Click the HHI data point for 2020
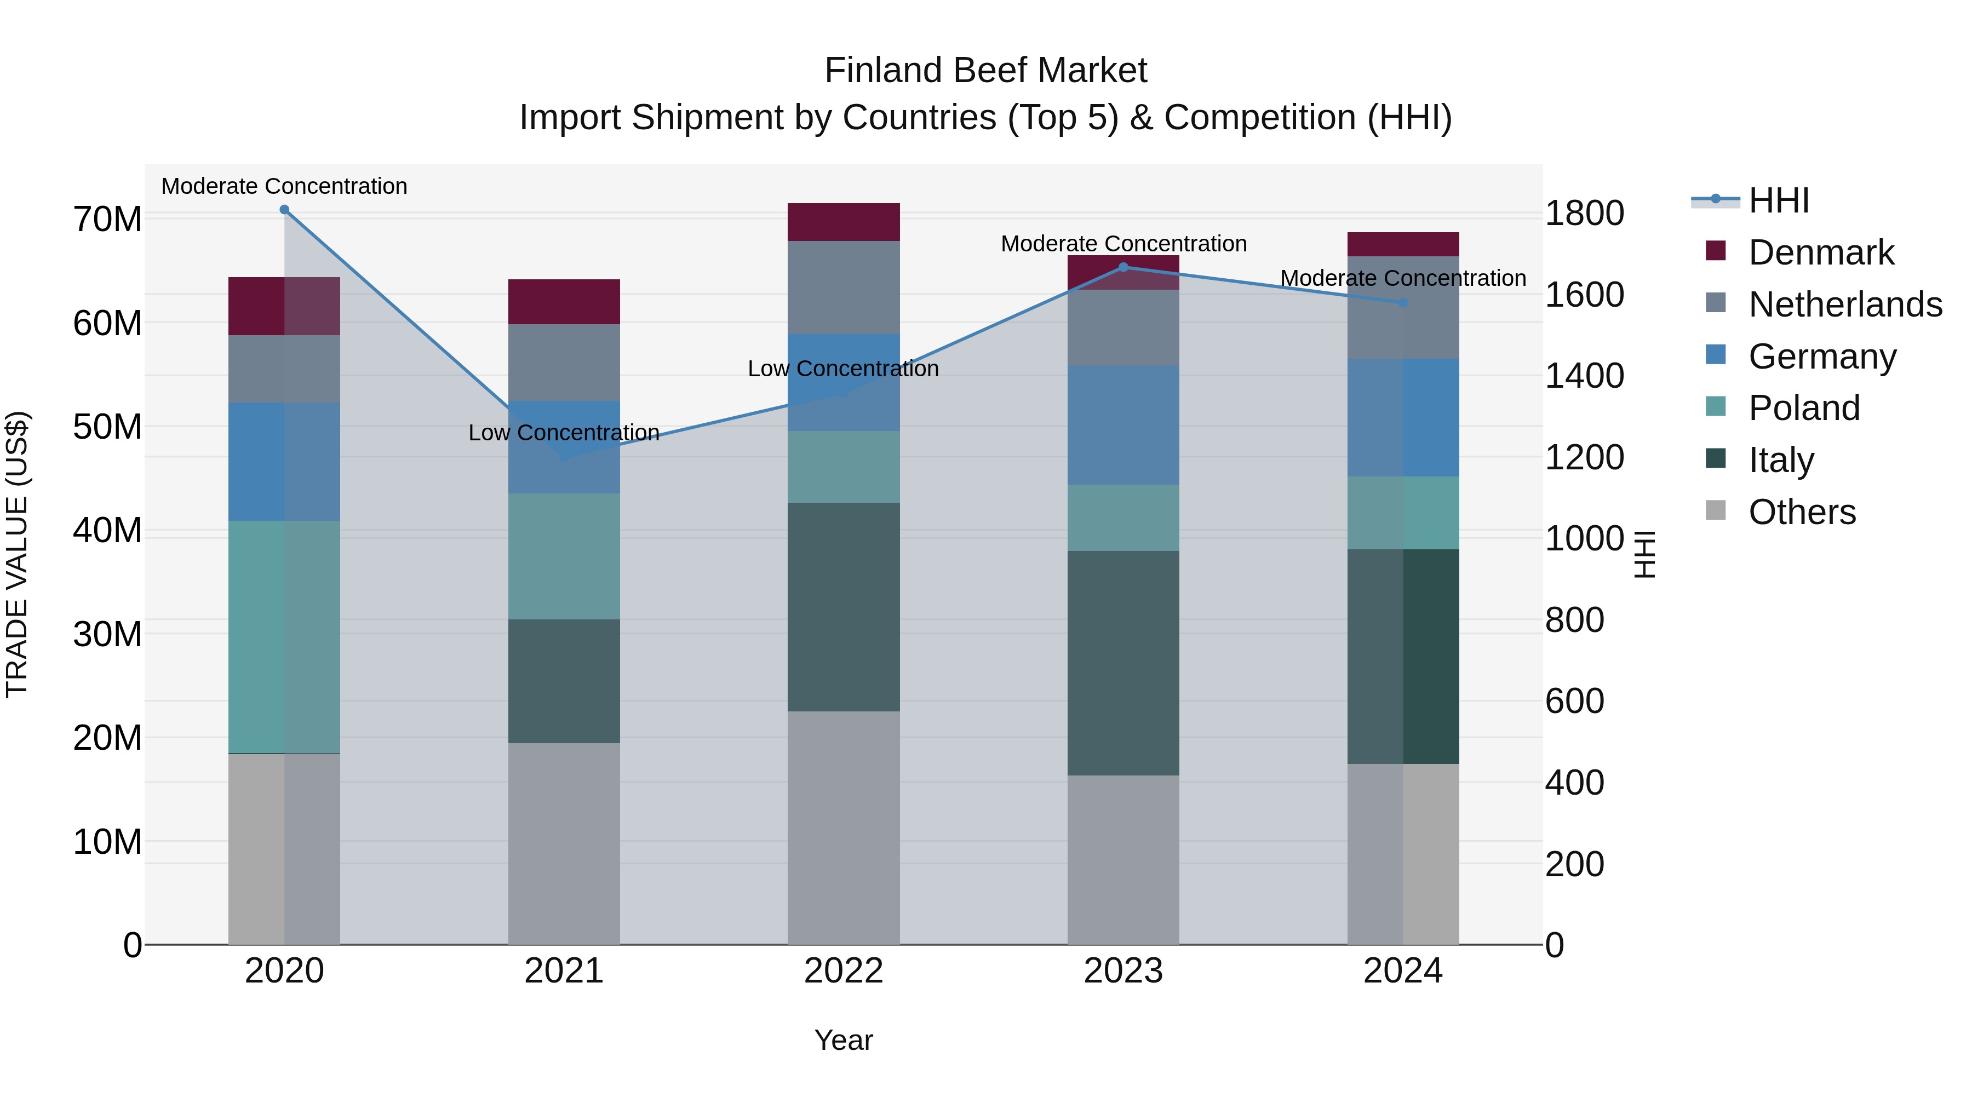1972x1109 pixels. click(284, 210)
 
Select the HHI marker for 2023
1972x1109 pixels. click(1123, 267)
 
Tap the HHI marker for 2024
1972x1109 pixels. click(1402, 303)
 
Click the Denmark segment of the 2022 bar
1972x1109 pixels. click(844, 222)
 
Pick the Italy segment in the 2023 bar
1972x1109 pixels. click(1123, 663)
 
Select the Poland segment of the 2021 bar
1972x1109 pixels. click(564, 556)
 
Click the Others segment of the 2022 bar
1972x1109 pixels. click(844, 828)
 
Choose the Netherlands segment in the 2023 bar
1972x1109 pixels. click(1123, 327)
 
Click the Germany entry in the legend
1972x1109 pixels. click(1822, 357)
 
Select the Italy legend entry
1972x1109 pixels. click(1781, 460)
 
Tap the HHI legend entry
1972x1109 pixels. click(1778, 200)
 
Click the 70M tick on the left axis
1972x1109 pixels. click(107, 220)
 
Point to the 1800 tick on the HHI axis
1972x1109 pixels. click(1584, 214)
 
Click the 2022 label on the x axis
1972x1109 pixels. click(844, 971)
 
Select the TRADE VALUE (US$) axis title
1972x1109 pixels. click(17, 554)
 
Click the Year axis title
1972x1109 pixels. click(844, 1040)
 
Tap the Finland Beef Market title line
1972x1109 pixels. click(985, 71)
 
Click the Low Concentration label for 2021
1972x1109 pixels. click(564, 433)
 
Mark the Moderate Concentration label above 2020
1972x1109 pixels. click(284, 187)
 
